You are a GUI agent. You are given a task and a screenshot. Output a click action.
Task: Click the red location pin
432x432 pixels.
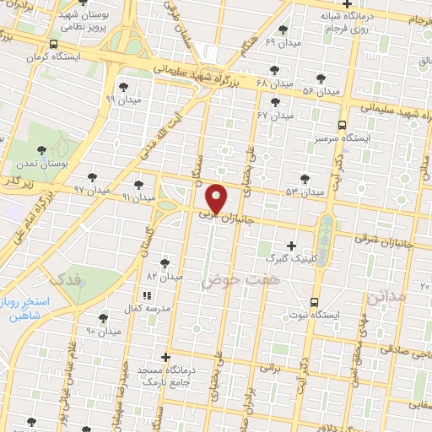(217, 197)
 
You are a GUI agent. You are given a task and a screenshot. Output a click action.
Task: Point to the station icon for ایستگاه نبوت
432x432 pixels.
(314, 302)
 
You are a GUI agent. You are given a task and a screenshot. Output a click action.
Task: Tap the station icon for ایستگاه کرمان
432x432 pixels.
(54, 45)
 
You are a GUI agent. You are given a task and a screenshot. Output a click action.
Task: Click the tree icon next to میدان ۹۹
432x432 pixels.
(123, 86)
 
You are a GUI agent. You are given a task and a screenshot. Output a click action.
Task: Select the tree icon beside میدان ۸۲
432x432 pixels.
(164, 263)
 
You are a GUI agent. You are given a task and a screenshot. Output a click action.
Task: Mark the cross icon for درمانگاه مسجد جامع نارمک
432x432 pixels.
(165, 358)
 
